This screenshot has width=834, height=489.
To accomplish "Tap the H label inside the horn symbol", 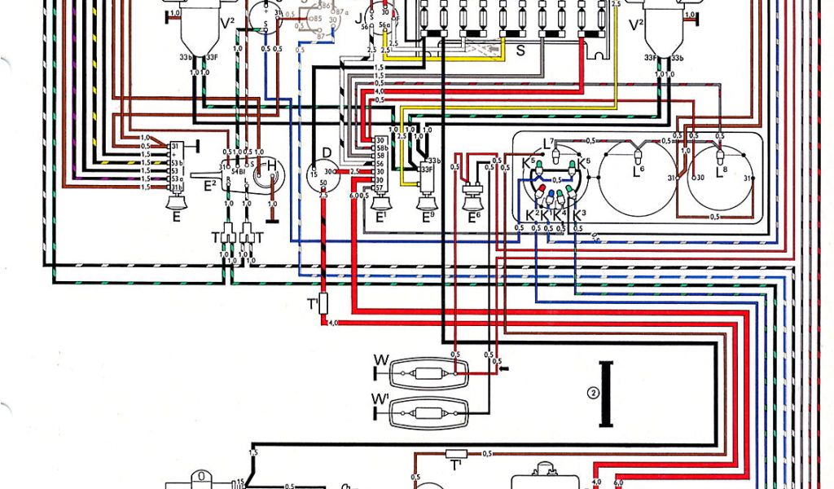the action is (x=271, y=166).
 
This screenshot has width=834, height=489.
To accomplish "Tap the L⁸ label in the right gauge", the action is (x=720, y=173).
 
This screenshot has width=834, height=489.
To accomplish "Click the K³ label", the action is (x=579, y=214).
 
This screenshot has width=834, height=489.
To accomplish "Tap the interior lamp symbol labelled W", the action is (x=424, y=376).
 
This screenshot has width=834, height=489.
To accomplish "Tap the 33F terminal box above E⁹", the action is (x=425, y=170).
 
